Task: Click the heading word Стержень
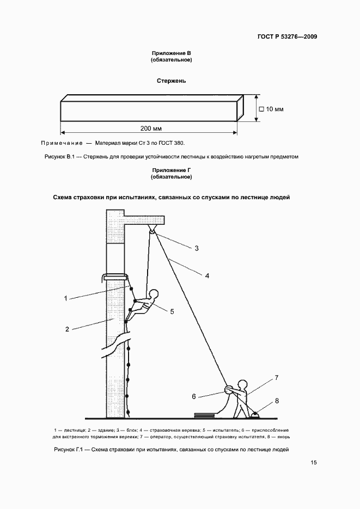pos(172,81)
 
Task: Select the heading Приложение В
pos(172,53)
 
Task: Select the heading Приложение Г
pos(172,171)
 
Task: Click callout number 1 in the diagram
pos(65,298)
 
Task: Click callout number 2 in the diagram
pos(67,329)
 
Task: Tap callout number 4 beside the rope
pos(207,275)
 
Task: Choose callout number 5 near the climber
pos(172,311)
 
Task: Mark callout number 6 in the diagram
pos(193,396)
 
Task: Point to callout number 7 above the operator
pos(276,377)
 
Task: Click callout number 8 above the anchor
pos(276,401)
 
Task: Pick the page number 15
pos(314,463)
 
